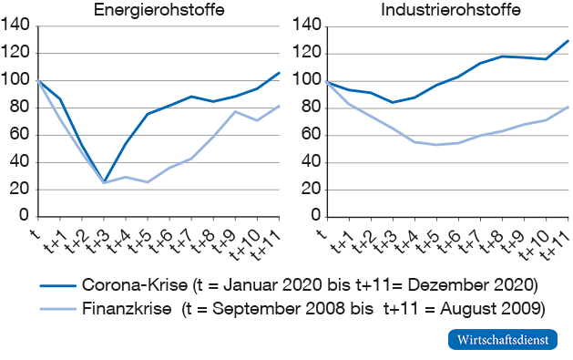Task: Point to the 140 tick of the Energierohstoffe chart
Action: point(16,26)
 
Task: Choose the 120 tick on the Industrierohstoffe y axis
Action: point(305,53)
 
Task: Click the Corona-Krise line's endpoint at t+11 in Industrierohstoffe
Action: point(568,40)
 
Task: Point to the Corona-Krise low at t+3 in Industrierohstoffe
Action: point(392,102)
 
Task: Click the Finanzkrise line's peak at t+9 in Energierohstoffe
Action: point(236,111)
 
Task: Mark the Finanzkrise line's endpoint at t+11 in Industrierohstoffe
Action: point(568,107)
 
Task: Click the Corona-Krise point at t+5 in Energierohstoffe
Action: point(148,114)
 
